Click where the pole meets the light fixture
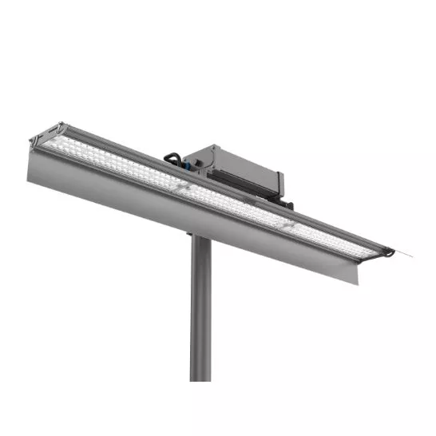(200, 236)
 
